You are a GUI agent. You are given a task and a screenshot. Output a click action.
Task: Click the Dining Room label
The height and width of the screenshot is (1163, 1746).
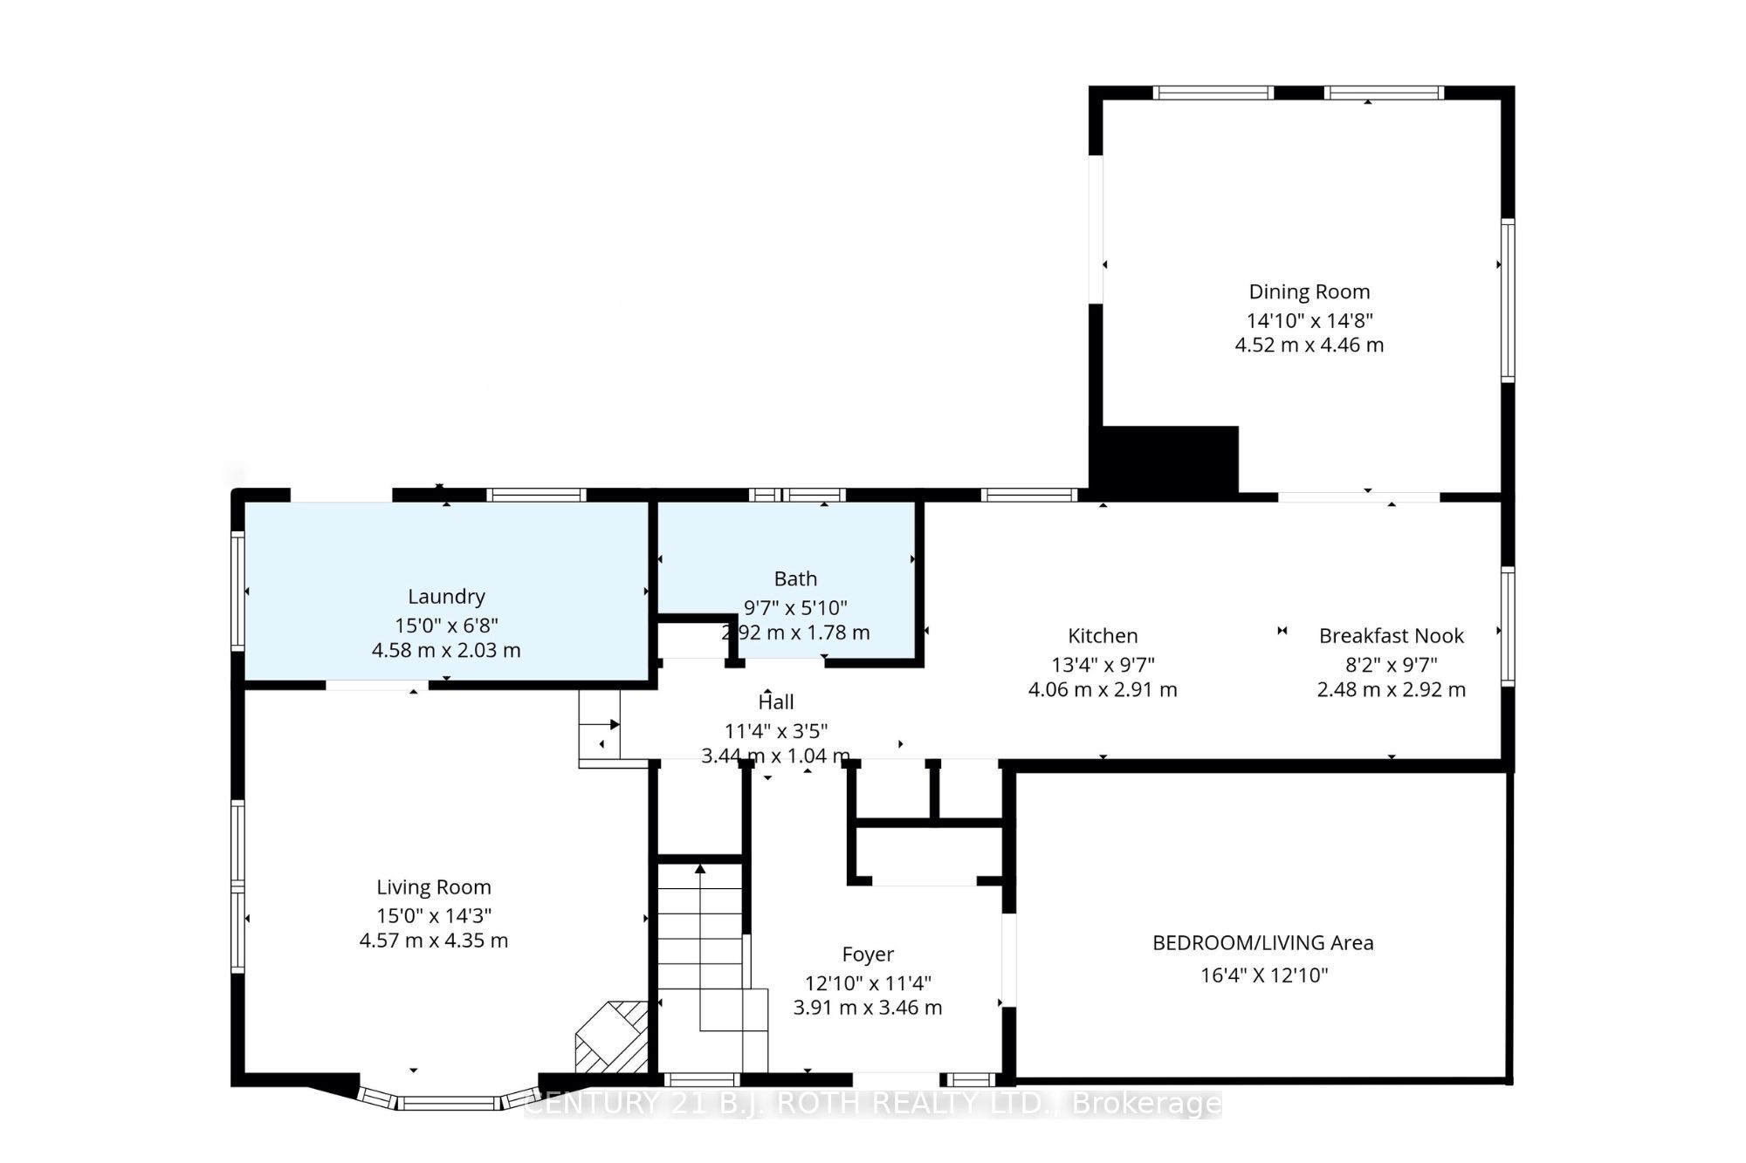(x=1309, y=292)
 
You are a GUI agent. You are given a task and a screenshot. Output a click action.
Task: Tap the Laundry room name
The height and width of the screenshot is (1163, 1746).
(x=446, y=597)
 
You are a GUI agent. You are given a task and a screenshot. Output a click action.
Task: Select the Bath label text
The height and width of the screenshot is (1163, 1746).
(x=795, y=579)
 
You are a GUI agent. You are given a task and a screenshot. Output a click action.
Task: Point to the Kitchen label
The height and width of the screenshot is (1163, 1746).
(x=1103, y=636)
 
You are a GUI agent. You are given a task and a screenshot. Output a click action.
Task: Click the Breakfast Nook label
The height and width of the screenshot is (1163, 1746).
(x=1392, y=636)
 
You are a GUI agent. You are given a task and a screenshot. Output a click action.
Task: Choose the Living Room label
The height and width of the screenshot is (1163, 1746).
(x=434, y=887)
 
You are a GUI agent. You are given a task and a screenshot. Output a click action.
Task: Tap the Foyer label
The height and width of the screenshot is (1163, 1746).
(x=868, y=954)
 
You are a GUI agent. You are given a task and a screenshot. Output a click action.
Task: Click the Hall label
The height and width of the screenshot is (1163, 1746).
(x=776, y=702)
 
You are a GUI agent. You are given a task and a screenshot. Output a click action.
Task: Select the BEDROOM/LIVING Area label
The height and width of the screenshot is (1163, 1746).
(x=1263, y=943)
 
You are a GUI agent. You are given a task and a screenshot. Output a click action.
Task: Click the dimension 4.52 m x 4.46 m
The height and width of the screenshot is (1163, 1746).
(x=1309, y=345)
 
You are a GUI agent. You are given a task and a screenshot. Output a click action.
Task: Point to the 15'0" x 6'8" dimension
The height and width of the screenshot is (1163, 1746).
(x=446, y=626)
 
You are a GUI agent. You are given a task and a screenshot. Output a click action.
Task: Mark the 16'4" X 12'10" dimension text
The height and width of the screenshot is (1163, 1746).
(x=1264, y=975)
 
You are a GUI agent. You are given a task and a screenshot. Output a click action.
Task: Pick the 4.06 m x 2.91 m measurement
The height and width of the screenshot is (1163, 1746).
(x=1103, y=690)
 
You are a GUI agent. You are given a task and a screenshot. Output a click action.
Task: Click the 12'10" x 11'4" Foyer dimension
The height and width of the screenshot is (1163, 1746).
(x=868, y=983)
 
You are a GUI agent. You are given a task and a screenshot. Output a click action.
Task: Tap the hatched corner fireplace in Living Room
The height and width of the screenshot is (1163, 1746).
(x=612, y=1037)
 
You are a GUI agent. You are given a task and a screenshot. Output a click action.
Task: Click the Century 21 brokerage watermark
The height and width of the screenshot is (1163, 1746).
(x=873, y=1105)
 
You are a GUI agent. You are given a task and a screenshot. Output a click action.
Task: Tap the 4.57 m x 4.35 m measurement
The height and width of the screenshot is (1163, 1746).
(x=434, y=941)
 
